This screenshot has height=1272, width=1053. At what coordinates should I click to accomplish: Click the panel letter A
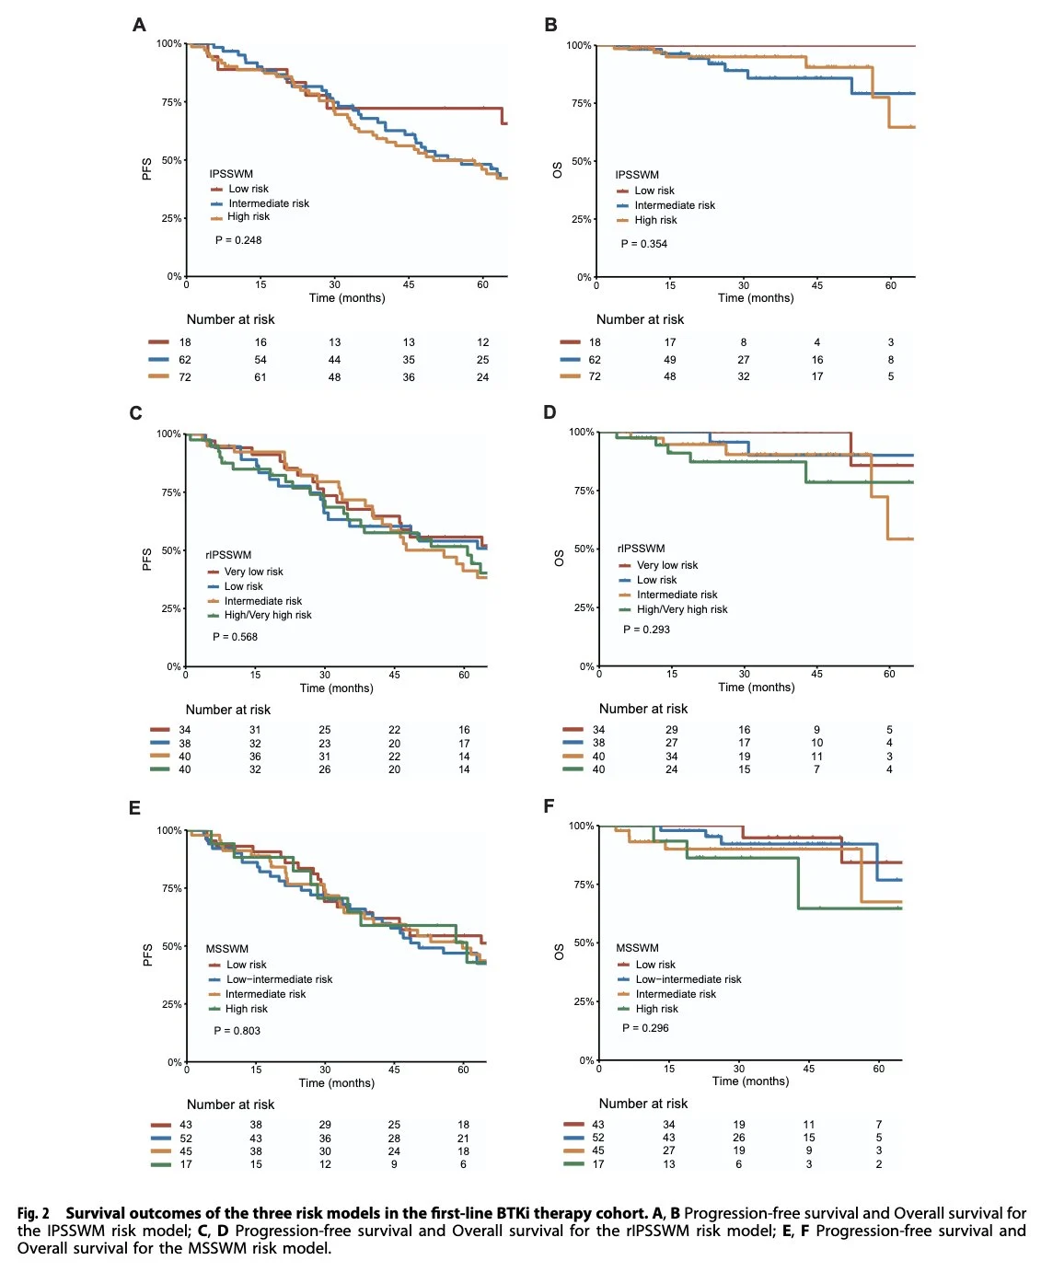click(139, 25)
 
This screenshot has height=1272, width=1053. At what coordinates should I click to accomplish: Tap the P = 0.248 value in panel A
click(238, 240)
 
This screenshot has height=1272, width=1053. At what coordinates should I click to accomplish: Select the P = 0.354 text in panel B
click(644, 244)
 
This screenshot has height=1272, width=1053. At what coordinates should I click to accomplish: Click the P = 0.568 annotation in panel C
click(235, 637)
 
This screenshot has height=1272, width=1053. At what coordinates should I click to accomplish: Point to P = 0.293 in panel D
click(646, 630)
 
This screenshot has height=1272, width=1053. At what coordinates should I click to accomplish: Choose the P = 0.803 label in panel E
click(237, 1031)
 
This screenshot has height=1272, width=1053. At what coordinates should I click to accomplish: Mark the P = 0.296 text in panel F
click(645, 1028)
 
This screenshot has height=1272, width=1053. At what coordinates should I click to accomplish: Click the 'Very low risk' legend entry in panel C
click(253, 572)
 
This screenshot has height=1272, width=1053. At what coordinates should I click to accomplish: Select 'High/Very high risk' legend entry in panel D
click(681, 609)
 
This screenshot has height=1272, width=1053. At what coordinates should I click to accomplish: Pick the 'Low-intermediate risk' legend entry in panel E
click(279, 979)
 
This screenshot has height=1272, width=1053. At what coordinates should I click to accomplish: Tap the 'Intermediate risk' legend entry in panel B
click(674, 205)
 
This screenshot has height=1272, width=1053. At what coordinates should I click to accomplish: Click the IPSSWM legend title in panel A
click(231, 174)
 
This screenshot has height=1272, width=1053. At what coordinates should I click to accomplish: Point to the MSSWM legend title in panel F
click(637, 948)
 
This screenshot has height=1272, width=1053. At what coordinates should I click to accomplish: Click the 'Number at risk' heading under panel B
click(640, 319)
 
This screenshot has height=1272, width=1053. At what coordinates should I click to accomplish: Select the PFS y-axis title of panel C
click(147, 560)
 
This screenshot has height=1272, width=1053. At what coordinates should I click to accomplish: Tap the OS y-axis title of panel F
click(559, 953)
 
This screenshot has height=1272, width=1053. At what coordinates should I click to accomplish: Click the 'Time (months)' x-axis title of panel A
click(347, 298)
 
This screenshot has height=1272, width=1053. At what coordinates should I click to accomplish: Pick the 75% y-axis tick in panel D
click(584, 491)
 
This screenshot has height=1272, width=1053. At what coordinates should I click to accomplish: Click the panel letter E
click(134, 808)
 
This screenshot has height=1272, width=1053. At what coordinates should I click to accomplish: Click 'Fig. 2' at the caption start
click(33, 1213)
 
